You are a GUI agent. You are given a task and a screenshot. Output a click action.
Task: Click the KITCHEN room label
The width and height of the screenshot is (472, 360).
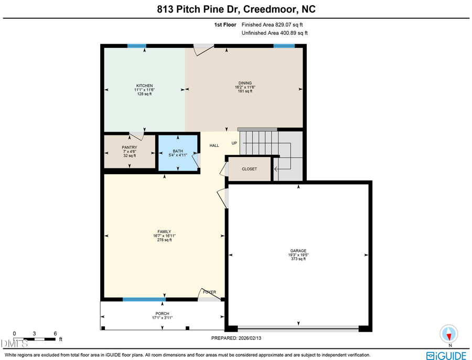144,86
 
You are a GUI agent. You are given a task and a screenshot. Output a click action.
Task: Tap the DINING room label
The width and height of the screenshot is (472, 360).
245,83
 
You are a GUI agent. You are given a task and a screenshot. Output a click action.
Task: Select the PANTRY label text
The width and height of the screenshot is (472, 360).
129,148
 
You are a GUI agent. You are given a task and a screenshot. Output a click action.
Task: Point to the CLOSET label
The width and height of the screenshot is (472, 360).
249,169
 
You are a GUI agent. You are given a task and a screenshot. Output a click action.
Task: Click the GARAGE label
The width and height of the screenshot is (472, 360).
298,251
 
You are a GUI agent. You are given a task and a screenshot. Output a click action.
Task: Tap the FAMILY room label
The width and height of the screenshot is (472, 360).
164,232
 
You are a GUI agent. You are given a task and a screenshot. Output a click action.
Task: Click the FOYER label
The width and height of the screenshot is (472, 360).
209,292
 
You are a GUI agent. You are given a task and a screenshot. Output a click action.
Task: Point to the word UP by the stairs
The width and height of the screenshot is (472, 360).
234,143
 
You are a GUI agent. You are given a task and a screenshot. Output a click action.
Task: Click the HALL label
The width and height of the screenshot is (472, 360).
214,145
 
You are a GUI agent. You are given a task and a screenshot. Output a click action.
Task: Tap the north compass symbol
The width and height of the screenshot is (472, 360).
449,334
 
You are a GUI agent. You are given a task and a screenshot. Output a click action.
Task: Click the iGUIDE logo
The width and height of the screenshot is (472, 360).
446,355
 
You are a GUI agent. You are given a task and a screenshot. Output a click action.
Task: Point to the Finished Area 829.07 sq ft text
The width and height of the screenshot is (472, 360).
272,25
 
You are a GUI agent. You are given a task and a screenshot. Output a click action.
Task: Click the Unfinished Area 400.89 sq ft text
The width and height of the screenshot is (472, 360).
274,33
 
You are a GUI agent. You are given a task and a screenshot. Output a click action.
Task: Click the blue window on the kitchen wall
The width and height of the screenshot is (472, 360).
137,46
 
